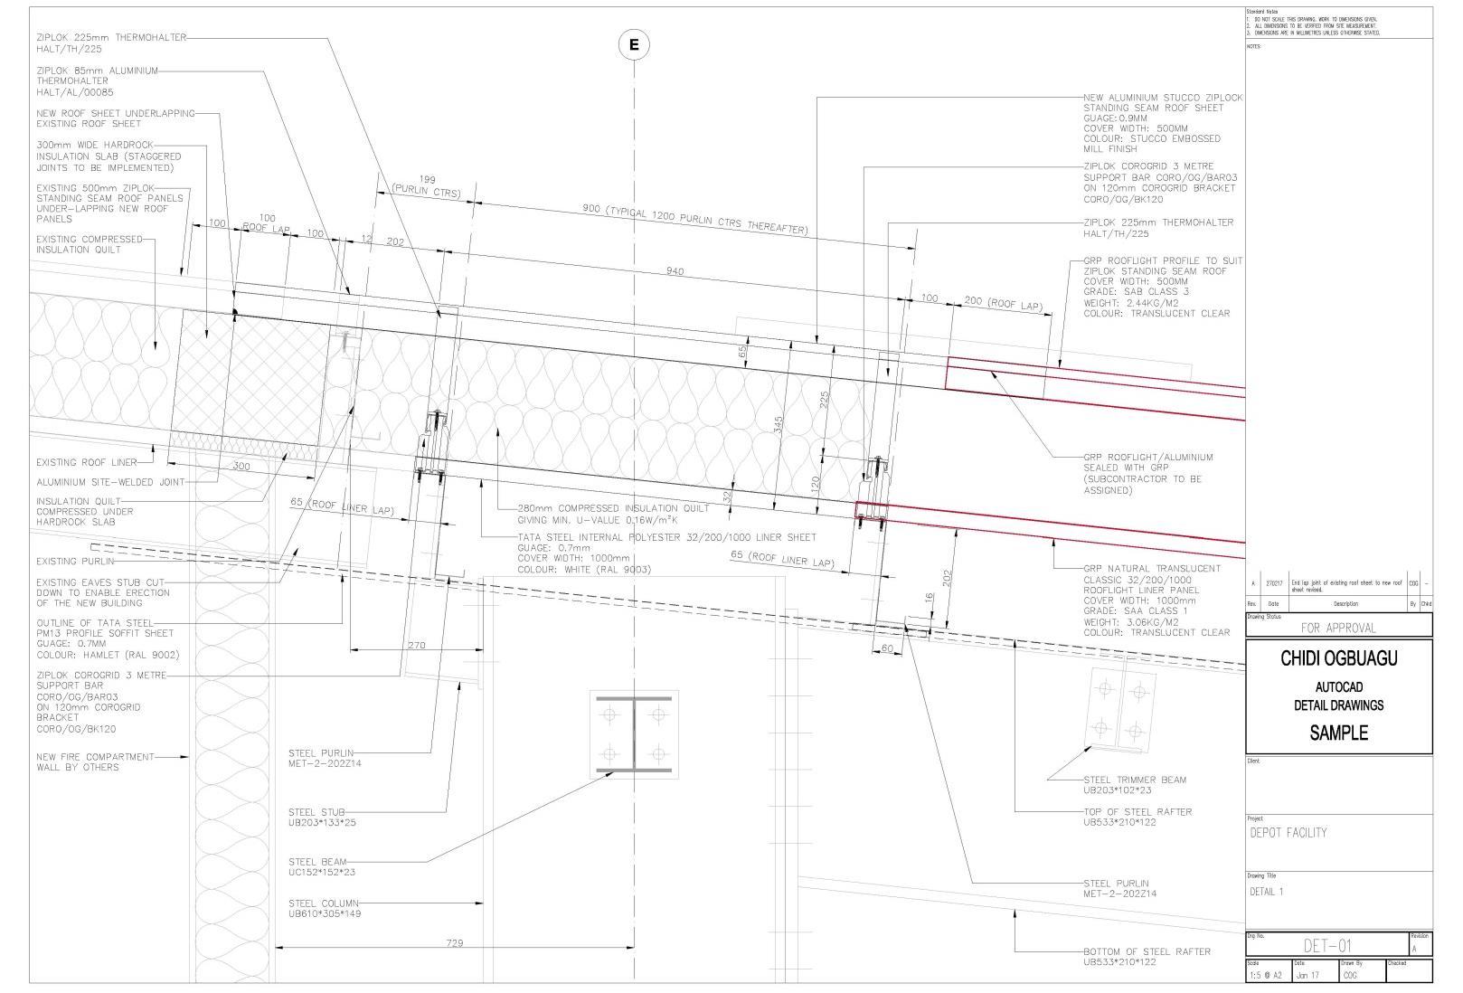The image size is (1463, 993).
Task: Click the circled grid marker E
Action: tap(634, 44)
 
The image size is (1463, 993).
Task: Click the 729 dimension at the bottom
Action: tap(455, 943)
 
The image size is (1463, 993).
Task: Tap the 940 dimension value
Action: tap(675, 271)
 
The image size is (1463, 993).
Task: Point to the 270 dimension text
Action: tap(416, 646)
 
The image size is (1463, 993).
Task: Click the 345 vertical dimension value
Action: tap(779, 425)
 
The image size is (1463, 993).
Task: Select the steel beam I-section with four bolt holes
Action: tap(634, 734)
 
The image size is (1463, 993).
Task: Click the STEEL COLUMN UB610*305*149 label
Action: tap(325, 908)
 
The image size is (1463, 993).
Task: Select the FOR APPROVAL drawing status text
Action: tap(1338, 627)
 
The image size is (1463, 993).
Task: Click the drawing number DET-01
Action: tap(1327, 946)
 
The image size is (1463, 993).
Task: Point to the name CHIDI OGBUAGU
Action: tap(1338, 658)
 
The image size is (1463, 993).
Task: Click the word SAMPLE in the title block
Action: tap(1338, 733)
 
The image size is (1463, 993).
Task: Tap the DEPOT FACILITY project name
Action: tap(1288, 832)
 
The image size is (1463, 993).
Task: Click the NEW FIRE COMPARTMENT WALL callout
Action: tap(95, 761)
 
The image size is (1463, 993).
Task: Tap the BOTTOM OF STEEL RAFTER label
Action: tap(1147, 956)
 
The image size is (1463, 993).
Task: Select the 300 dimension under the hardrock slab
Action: tap(241, 467)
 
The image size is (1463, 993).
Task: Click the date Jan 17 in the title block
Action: tap(1307, 976)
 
